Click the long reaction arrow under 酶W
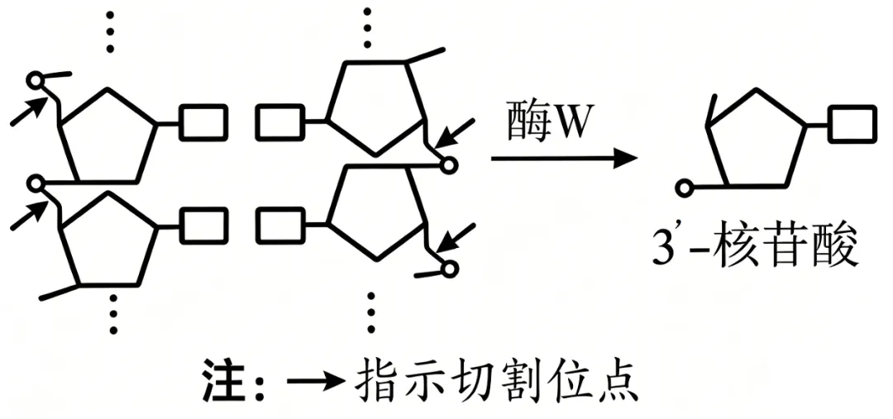[564, 159]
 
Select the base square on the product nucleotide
[852, 123]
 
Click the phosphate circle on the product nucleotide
[684, 188]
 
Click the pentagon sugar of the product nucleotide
[755, 137]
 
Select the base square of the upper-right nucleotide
[280, 122]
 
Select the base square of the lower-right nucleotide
[280, 226]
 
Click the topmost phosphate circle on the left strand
[36, 80]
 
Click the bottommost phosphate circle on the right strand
[449, 268]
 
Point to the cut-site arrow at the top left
[28, 111]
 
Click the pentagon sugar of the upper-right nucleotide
[376, 106]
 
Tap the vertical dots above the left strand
[110, 31]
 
